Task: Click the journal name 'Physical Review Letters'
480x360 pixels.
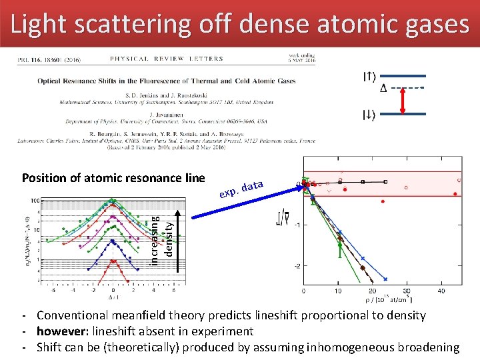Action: point(167,59)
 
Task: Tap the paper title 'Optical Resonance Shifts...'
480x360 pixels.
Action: point(167,81)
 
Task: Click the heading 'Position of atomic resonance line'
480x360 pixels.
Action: point(113,178)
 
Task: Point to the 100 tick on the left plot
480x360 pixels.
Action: point(33,200)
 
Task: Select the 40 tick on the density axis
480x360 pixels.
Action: point(441,291)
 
